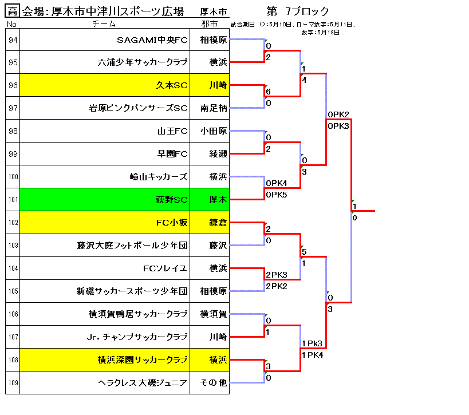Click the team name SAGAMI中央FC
coord(152,39)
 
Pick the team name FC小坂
coord(172,223)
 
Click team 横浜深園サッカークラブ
coord(143,359)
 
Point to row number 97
coord(13,108)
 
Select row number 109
coord(13,383)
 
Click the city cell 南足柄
coord(214,108)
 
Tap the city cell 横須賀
coord(214,314)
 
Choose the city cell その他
coord(214,383)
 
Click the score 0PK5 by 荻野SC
coord(277,195)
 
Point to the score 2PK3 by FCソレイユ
coord(277,275)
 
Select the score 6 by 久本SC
coord(269,92)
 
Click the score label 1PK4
coord(312,355)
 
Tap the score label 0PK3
coord(338,126)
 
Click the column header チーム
coord(104,23)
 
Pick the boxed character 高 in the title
coord(13,11)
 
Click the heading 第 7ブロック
coord(298,11)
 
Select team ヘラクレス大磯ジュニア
coord(143,383)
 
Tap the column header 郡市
coord(210,23)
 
